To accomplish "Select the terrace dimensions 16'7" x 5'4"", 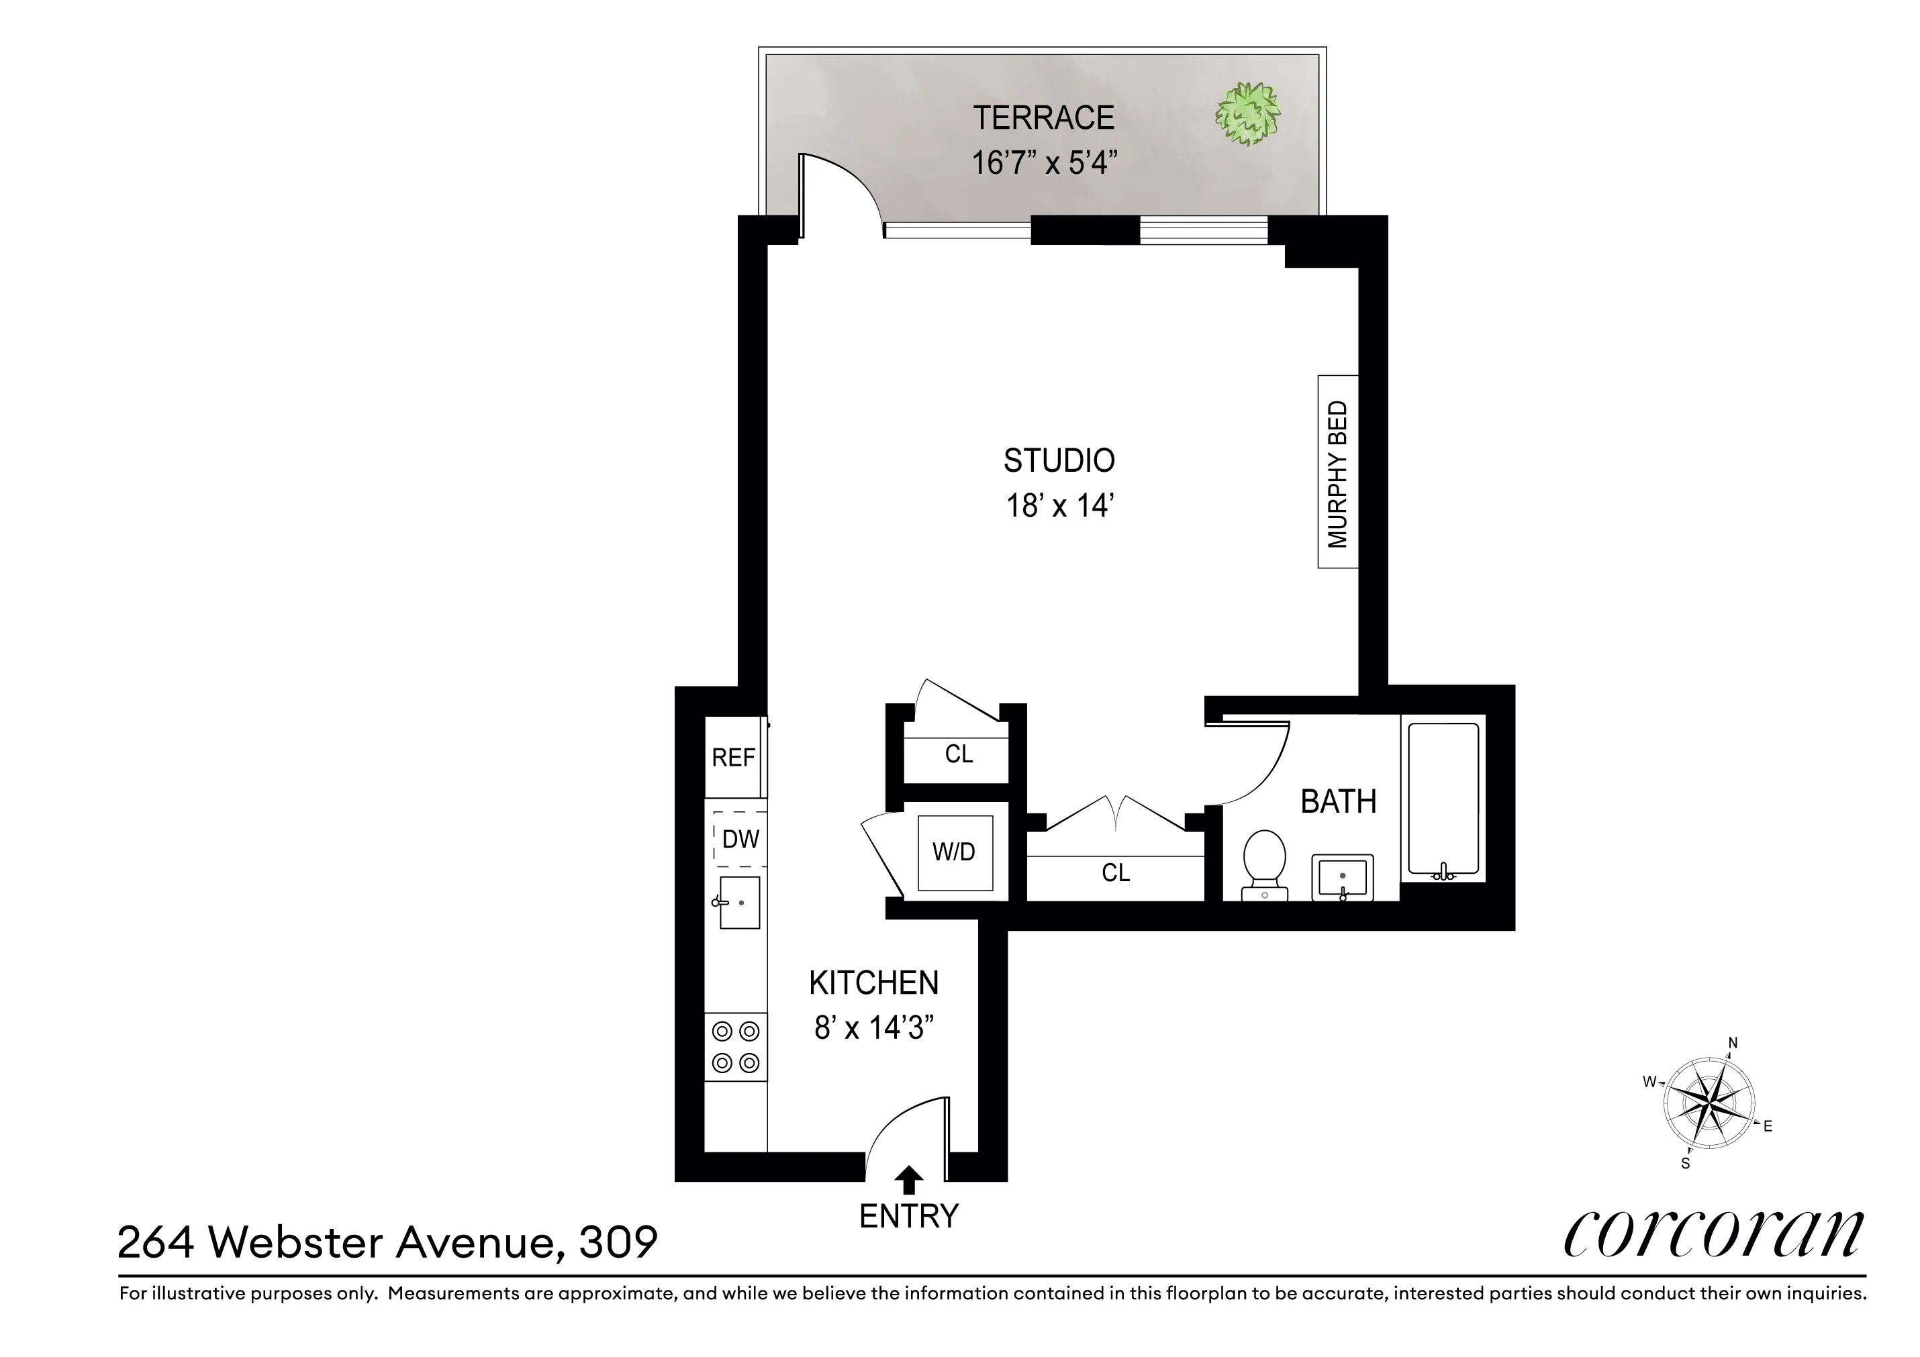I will (1044, 163).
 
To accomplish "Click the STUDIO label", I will (1059, 460).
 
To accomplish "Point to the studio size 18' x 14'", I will (1059, 506).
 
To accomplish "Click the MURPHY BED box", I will (1337, 472).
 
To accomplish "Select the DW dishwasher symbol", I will (739, 839).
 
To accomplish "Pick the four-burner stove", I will (736, 1047).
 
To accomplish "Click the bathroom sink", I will (1342, 878).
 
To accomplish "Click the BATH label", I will (1338, 802).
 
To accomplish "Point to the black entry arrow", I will (909, 1180).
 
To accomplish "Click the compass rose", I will (1709, 1104).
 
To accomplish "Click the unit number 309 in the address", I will (618, 1242).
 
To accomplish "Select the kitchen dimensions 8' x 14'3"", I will (874, 1027).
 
